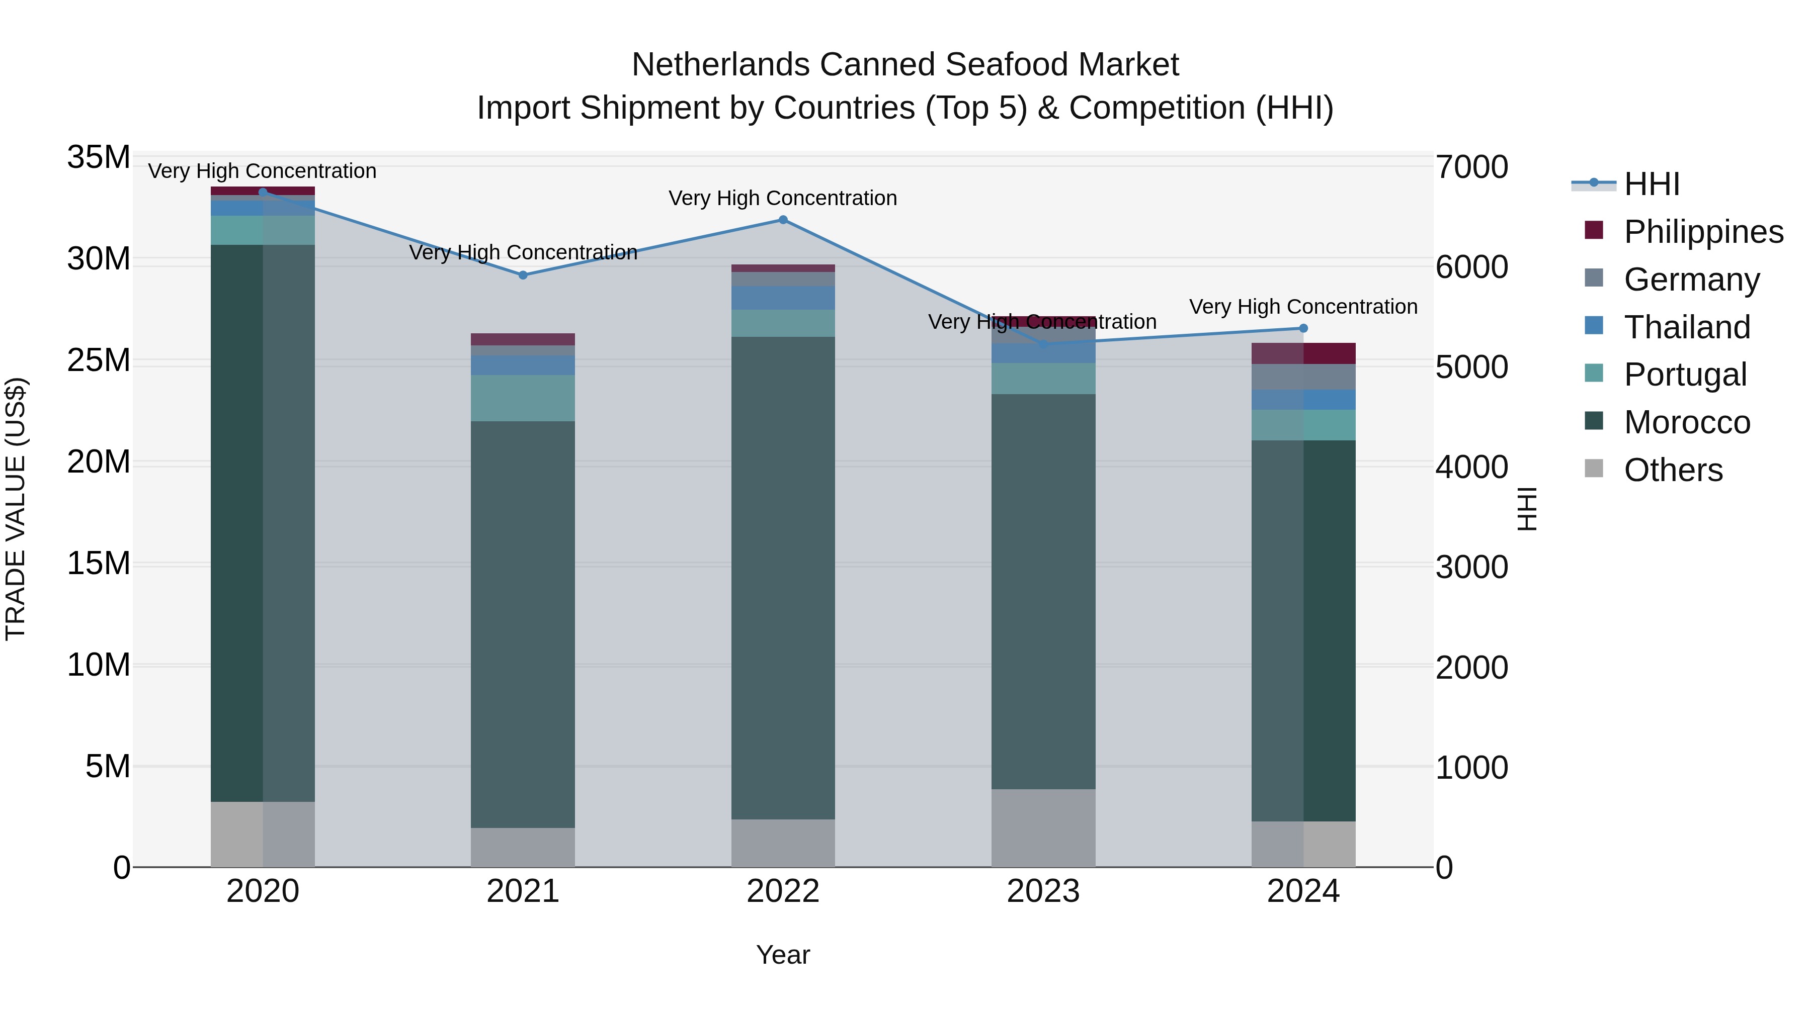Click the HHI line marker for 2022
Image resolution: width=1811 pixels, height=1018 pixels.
point(783,220)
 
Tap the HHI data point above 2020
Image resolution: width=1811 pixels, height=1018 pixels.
point(263,192)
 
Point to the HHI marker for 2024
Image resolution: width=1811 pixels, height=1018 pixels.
point(1303,328)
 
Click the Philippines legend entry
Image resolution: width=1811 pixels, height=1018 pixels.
point(1703,232)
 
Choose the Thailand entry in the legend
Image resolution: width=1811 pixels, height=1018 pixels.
point(1687,327)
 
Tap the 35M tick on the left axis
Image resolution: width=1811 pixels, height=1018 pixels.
point(99,157)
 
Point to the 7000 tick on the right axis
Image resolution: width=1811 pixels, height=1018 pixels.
point(1471,167)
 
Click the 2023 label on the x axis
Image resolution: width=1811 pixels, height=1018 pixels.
point(1043,891)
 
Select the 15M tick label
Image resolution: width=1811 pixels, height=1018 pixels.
point(99,564)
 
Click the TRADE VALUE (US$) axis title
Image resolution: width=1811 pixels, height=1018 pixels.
point(16,509)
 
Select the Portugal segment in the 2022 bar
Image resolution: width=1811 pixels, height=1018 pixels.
point(783,323)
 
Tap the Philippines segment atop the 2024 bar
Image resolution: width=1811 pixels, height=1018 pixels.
point(1303,353)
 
